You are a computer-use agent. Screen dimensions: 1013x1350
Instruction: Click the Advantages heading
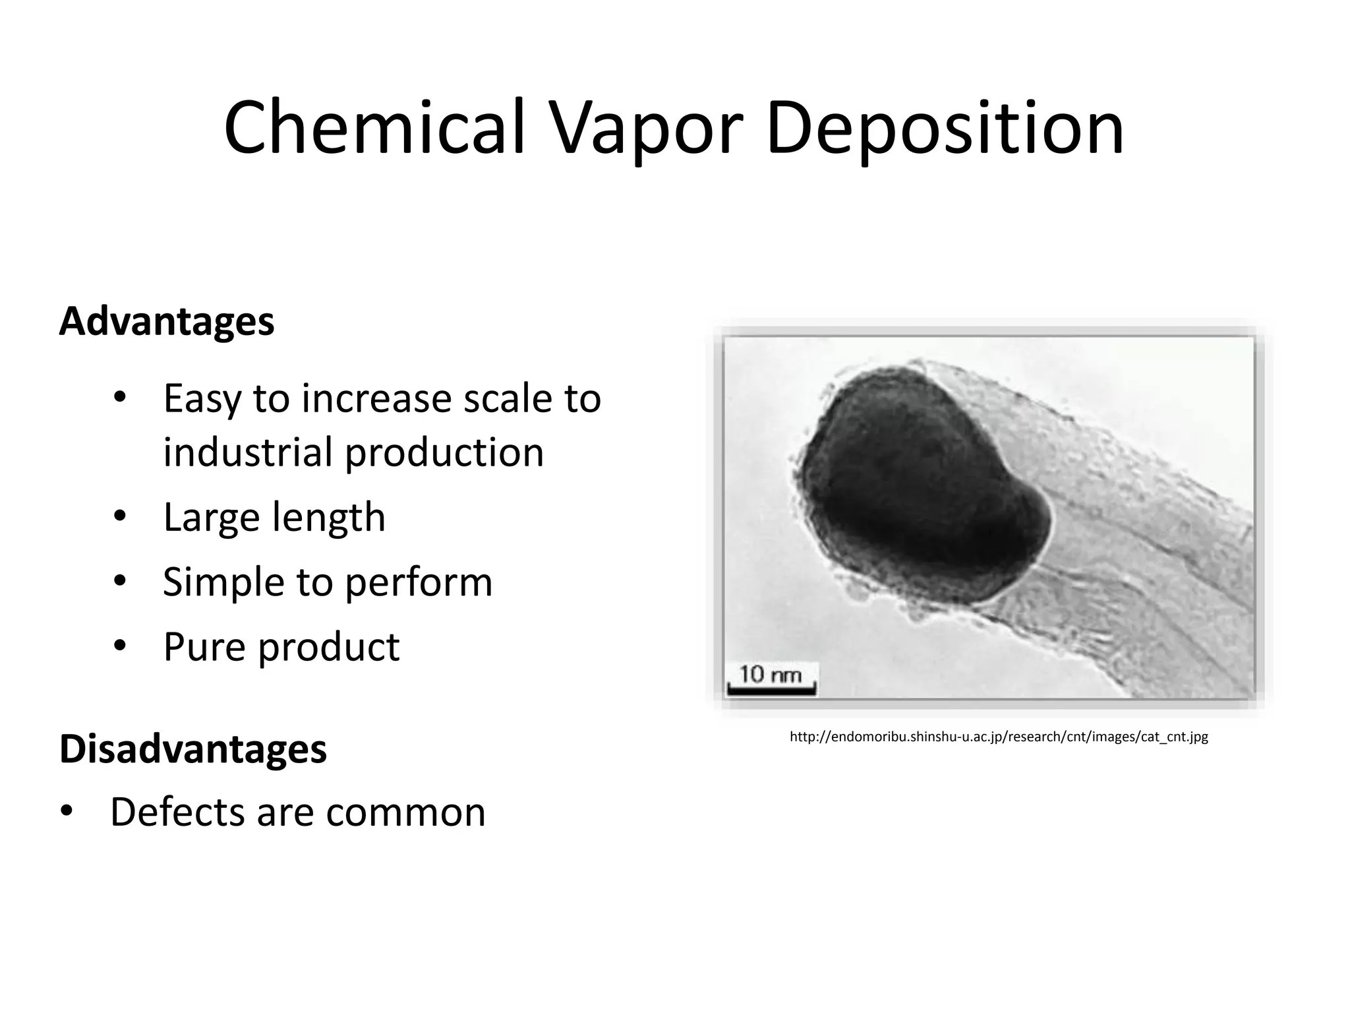click(x=167, y=321)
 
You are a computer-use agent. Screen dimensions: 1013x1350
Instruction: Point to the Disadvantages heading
click(x=193, y=749)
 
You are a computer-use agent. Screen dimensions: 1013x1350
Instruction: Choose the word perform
click(x=419, y=582)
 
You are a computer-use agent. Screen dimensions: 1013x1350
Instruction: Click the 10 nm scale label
click(x=770, y=674)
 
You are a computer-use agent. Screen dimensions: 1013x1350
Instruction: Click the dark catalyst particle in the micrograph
click(x=916, y=488)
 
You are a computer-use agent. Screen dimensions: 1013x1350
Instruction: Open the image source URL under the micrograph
click(x=999, y=737)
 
